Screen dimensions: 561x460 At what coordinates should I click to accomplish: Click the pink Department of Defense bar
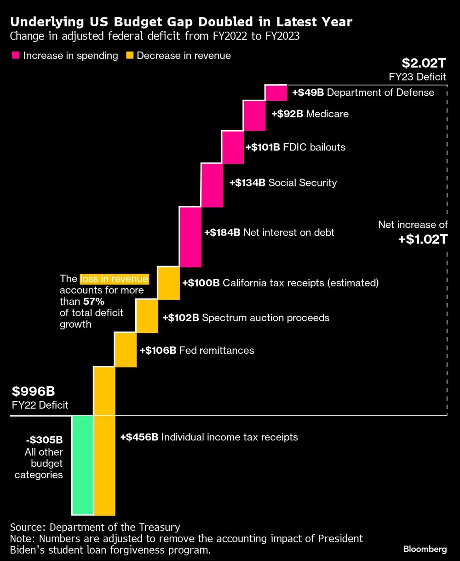(276, 93)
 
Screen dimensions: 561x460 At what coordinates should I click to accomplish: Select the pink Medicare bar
(254, 116)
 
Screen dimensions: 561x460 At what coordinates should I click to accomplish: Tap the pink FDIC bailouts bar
(233, 147)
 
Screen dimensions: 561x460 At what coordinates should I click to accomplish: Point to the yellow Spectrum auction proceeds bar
(147, 316)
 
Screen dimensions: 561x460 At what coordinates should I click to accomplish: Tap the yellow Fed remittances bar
(126, 350)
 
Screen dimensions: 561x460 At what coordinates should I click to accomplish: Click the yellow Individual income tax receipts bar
(104, 441)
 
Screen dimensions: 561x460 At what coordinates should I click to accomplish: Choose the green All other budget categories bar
(83, 465)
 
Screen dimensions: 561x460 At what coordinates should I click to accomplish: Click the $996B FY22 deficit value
(33, 392)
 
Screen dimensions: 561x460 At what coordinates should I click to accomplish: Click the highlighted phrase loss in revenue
(114, 279)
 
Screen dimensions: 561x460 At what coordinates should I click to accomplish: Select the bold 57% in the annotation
(93, 302)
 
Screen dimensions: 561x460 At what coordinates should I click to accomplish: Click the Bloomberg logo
(425, 549)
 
